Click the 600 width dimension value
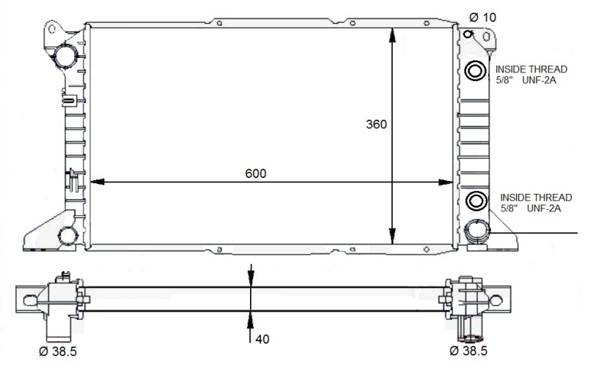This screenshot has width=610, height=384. (255, 173)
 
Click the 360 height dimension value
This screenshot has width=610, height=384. (376, 124)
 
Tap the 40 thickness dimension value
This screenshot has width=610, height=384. (262, 339)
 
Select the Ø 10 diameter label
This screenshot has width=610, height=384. (483, 17)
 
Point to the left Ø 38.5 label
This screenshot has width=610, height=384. (58, 351)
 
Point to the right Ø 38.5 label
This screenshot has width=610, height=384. (468, 350)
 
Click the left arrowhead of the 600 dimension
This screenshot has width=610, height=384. (98, 182)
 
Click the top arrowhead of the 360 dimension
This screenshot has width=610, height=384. (392, 35)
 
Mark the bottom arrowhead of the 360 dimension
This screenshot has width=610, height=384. (392, 237)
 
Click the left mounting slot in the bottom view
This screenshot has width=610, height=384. (30, 300)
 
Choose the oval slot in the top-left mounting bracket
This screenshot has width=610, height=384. (51, 29)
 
